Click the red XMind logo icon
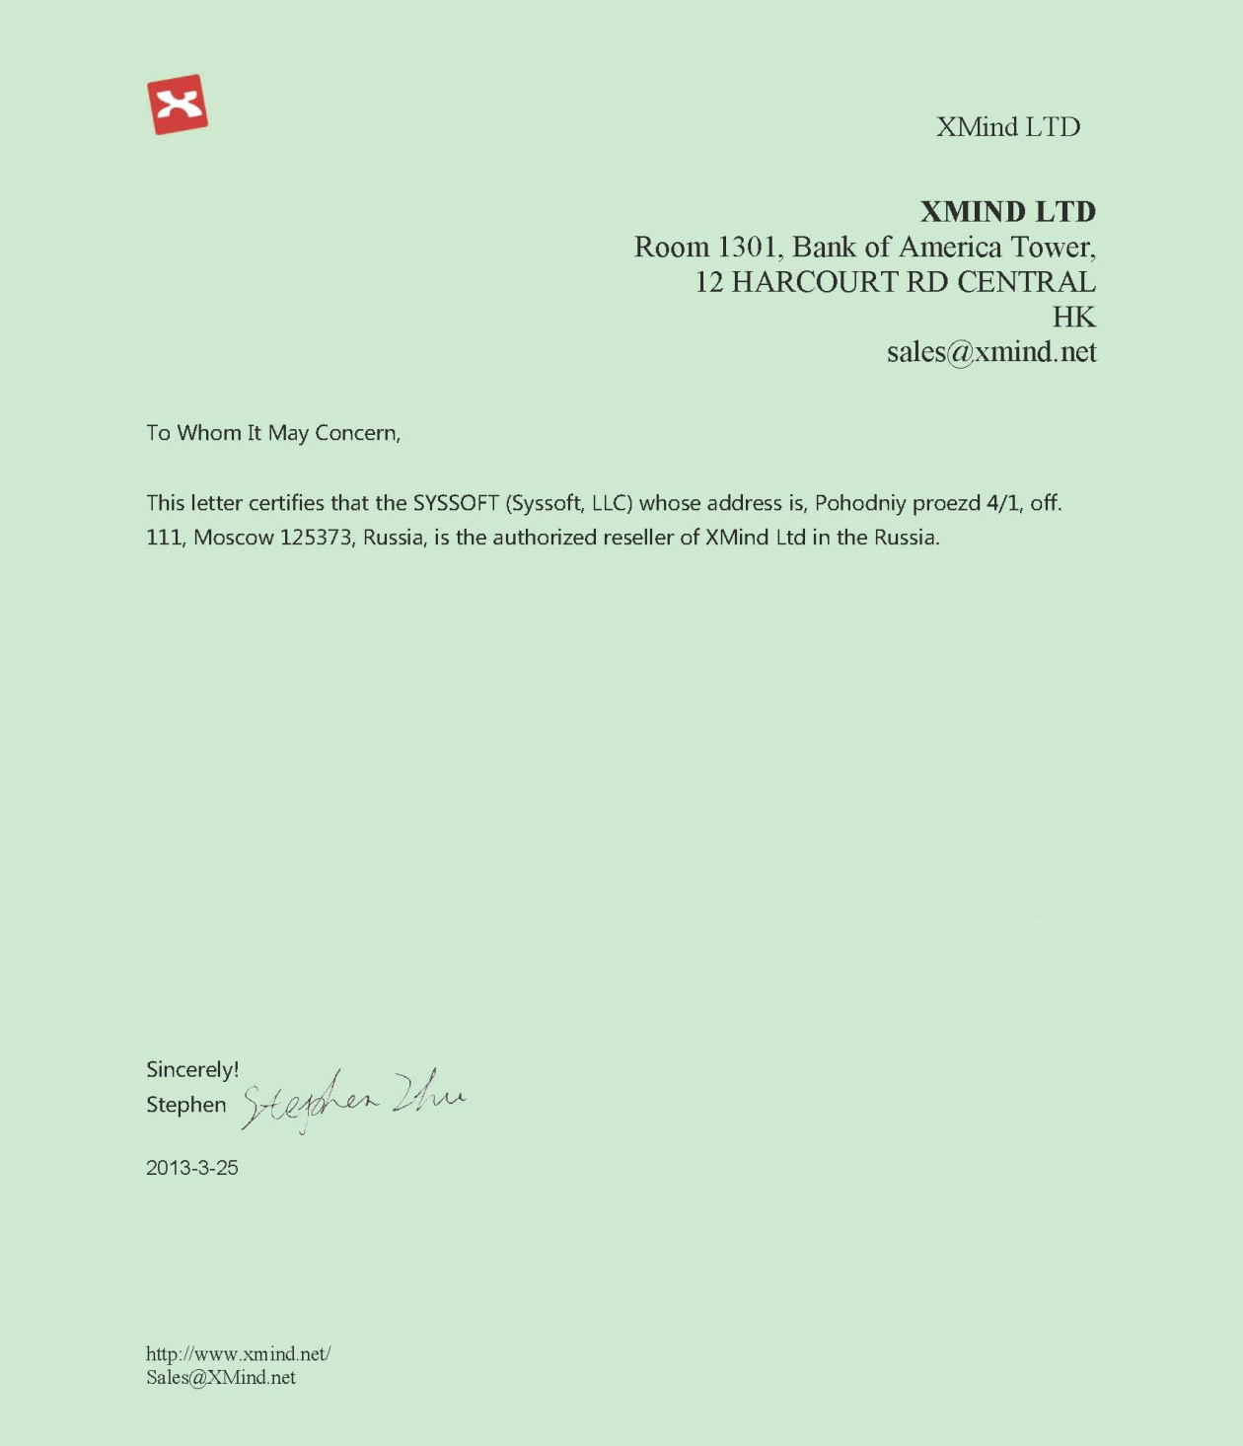tap(178, 104)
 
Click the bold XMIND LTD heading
tap(1007, 211)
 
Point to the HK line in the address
tap(1073, 317)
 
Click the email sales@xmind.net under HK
tap(990, 352)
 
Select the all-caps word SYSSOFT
tap(456, 503)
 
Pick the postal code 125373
tap(316, 538)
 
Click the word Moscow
tap(233, 538)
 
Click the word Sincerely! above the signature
tap(192, 1069)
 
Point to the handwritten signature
tap(353, 1099)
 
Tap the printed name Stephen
tap(186, 1105)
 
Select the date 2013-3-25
tap(192, 1168)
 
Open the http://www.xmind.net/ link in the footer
tap(238, 1353)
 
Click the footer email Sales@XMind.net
tap(221, 1378)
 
